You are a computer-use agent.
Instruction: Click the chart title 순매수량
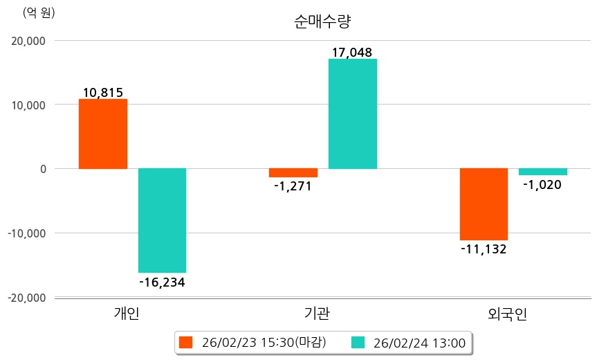[x=322, y=21]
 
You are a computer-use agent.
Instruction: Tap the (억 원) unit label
[x=39, y=12]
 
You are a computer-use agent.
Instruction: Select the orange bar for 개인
[x=102, y=134]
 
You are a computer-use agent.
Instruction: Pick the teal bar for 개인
[x=162, y=220]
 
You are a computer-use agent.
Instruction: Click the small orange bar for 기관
[x=293, y=173]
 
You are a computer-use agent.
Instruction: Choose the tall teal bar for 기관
[x=352, y=114]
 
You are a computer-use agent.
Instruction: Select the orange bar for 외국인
[x=484, y=204]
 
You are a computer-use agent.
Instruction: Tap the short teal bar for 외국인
[x=543, y=172]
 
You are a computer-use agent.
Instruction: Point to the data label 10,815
[x=102, y=92]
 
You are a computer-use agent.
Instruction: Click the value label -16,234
[x=162, y=282]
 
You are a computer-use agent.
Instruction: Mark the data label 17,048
[x=352, y=52]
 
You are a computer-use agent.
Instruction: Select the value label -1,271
[x=293, y=186]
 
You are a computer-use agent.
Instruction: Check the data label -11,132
[x=484, y=249]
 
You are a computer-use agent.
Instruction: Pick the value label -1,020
[x=543, y=185]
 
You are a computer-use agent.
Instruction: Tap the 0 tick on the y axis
[x=42, y=169]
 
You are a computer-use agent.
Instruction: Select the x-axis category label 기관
[x=317, y=314]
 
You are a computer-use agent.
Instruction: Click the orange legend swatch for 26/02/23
[x=185, y=342]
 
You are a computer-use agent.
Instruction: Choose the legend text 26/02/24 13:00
[x=419, y=342]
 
